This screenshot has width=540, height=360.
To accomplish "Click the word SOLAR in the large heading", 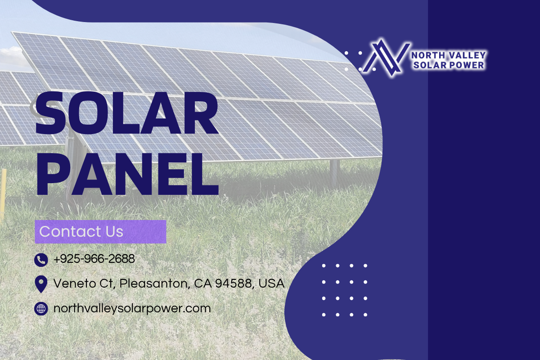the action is click(x=126, y=113).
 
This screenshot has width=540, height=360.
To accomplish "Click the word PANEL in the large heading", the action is click(x=127, y=174).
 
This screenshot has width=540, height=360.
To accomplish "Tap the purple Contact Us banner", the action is click(x=100, y=232).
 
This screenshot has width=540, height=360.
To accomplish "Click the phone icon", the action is click(x=41, y=260).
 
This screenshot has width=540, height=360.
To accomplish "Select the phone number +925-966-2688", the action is click(x=94, y=259).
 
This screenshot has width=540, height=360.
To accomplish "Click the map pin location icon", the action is click(x=41, y=284).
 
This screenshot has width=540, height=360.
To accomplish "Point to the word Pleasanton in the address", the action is click(x=153, y=283).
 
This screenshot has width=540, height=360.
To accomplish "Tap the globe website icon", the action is click(x=41, y=309).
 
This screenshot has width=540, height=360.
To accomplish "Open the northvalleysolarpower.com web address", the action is click(x=132, y=309).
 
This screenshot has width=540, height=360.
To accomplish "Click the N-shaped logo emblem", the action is click(x=386, y=58).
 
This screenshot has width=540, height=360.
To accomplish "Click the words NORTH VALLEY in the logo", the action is click(x=448, y=55).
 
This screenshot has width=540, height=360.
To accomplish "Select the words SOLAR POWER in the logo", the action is click(x=449, y=65).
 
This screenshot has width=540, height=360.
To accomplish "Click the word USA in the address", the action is click(x=271, y=283).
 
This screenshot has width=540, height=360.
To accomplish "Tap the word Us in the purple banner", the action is click(x=114, y=232).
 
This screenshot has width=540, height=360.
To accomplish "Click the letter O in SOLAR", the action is click(x=85, y=113).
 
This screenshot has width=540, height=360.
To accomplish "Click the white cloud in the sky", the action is click(x=12, y=58).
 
